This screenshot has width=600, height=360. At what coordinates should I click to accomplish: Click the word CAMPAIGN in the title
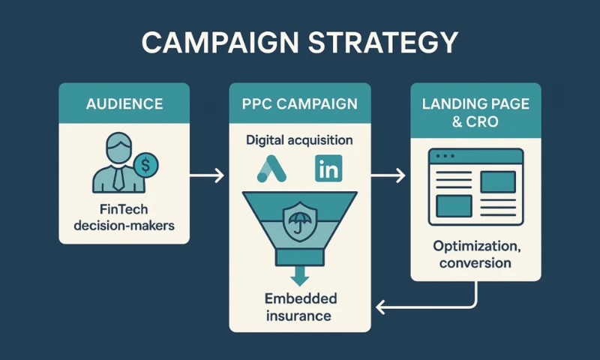tap(226, 43)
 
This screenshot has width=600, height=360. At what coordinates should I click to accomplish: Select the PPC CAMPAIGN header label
tap(300, 103)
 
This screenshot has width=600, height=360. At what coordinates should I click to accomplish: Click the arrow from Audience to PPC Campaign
tap(206, 175)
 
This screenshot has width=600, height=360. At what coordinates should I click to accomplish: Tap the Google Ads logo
tap(271, 169)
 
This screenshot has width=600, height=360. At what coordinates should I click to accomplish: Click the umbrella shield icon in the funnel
tap(299, 220)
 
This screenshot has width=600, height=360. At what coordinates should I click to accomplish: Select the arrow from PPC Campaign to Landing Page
tap(388, 175)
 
